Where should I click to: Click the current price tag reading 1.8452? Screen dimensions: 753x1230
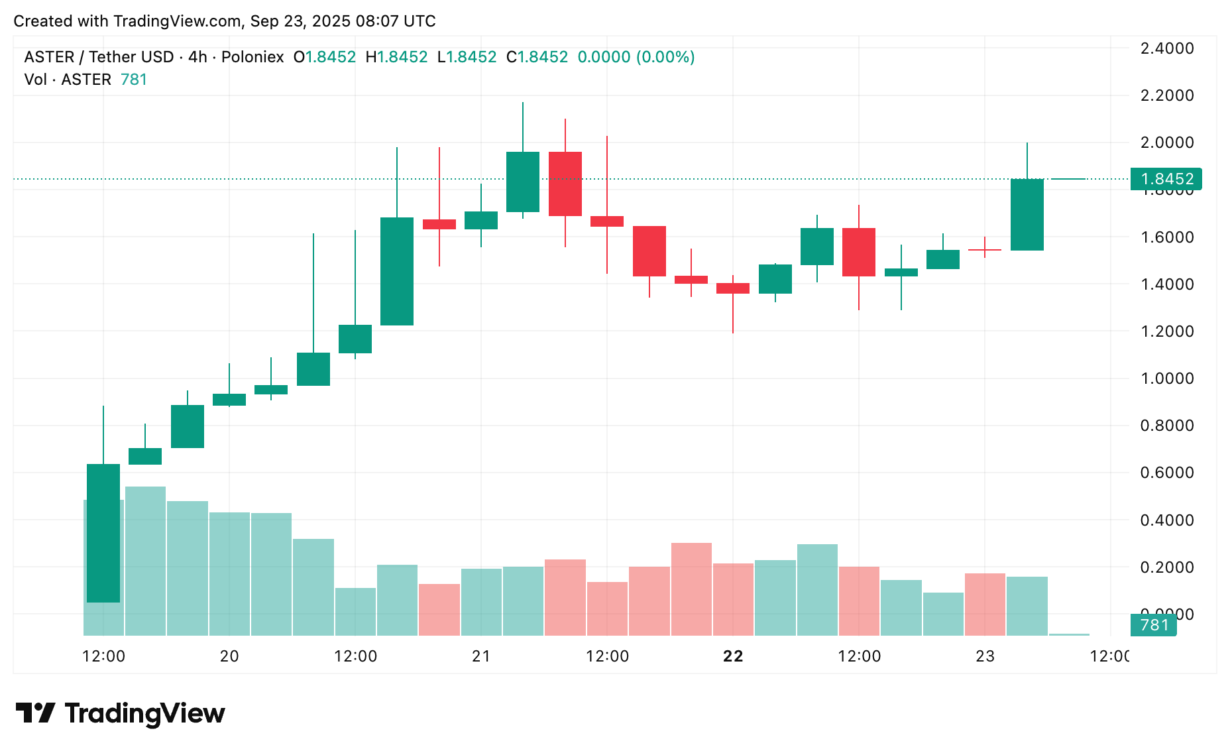pyautogui.click(x=1166, y=179)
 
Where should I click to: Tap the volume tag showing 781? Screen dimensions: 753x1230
pyautogui.click(x=1153, y=625)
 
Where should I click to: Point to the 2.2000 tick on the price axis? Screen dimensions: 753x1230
pyautogui.click(x=1166, y=95)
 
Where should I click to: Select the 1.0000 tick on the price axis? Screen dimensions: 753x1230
pyautogui.click(x=1166, y=378)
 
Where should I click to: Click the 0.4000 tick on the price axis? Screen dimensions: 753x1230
pyautogui.click(x=1166, y=520)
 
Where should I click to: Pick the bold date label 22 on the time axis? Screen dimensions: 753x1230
pyautogui.click(x=733, y=656)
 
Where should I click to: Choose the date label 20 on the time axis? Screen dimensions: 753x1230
pyautogui.click(x=229, y=656)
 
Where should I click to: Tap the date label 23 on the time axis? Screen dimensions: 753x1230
pyautogui.click(x=985, y=656)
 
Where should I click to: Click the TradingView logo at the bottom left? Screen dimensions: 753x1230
pyautogui.click(x=121, y=713)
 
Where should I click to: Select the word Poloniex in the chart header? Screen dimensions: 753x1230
pyautogui.click(x=252, y=57)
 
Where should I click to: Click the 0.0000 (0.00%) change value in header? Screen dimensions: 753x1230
pyautogui.click(x=636, y=57)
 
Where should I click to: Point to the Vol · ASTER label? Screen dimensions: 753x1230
pyautogui.click(x=68, y=80)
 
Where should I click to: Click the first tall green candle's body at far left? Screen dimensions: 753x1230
pyautogui.click(x=103, y=533)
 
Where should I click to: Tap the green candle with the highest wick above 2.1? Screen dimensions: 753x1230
pyautogui.click(x=523, y=182)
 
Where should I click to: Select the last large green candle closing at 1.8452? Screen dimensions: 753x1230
pyautogui.click(x=1027, y=215)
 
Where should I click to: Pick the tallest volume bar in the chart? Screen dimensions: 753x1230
pyautogui.click(x=145, y=561)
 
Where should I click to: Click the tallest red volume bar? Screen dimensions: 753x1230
pyautogui.click(x=691, y=589)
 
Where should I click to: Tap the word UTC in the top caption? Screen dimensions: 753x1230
pyautogui.click(x=419, y=21)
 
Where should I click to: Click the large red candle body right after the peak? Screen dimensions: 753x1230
pyautogui.click(x=565, y=184)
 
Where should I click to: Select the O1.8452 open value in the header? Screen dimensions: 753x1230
pyautogui.click(x=325, y=57)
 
